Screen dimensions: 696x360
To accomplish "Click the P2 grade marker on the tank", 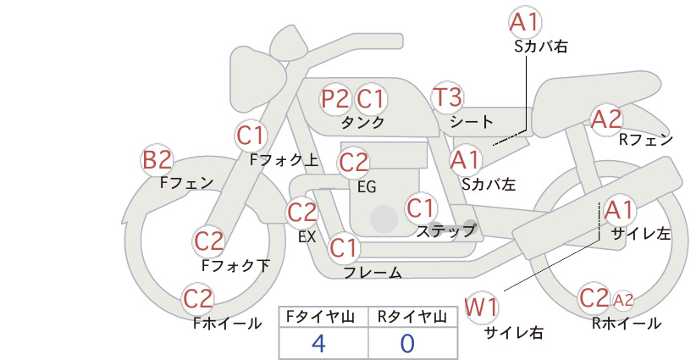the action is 336,98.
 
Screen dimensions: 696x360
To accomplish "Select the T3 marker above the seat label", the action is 447,97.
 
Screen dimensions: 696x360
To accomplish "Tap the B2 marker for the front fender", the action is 157,160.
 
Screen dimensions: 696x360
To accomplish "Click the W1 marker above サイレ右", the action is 482,307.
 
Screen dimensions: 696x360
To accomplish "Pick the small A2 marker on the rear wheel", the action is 623,300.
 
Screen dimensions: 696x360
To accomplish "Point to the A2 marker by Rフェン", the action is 606,119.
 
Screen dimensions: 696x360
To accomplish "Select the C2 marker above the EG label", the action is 354,163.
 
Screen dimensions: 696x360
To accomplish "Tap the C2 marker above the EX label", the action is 302,212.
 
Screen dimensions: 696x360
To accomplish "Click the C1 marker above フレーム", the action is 344,247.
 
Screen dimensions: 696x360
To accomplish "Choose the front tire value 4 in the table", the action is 318,343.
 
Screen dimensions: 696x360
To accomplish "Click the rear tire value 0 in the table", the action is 407,343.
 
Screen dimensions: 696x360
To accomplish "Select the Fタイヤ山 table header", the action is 320,317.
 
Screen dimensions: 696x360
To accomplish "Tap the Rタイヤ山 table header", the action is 412,317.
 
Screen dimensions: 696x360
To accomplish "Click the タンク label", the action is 362,122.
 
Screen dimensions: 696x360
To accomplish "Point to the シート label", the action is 472,121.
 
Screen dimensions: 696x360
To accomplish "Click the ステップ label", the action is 445,231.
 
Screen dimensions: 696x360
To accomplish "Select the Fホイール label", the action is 227,324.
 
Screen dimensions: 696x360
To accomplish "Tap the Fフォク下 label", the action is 235,265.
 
